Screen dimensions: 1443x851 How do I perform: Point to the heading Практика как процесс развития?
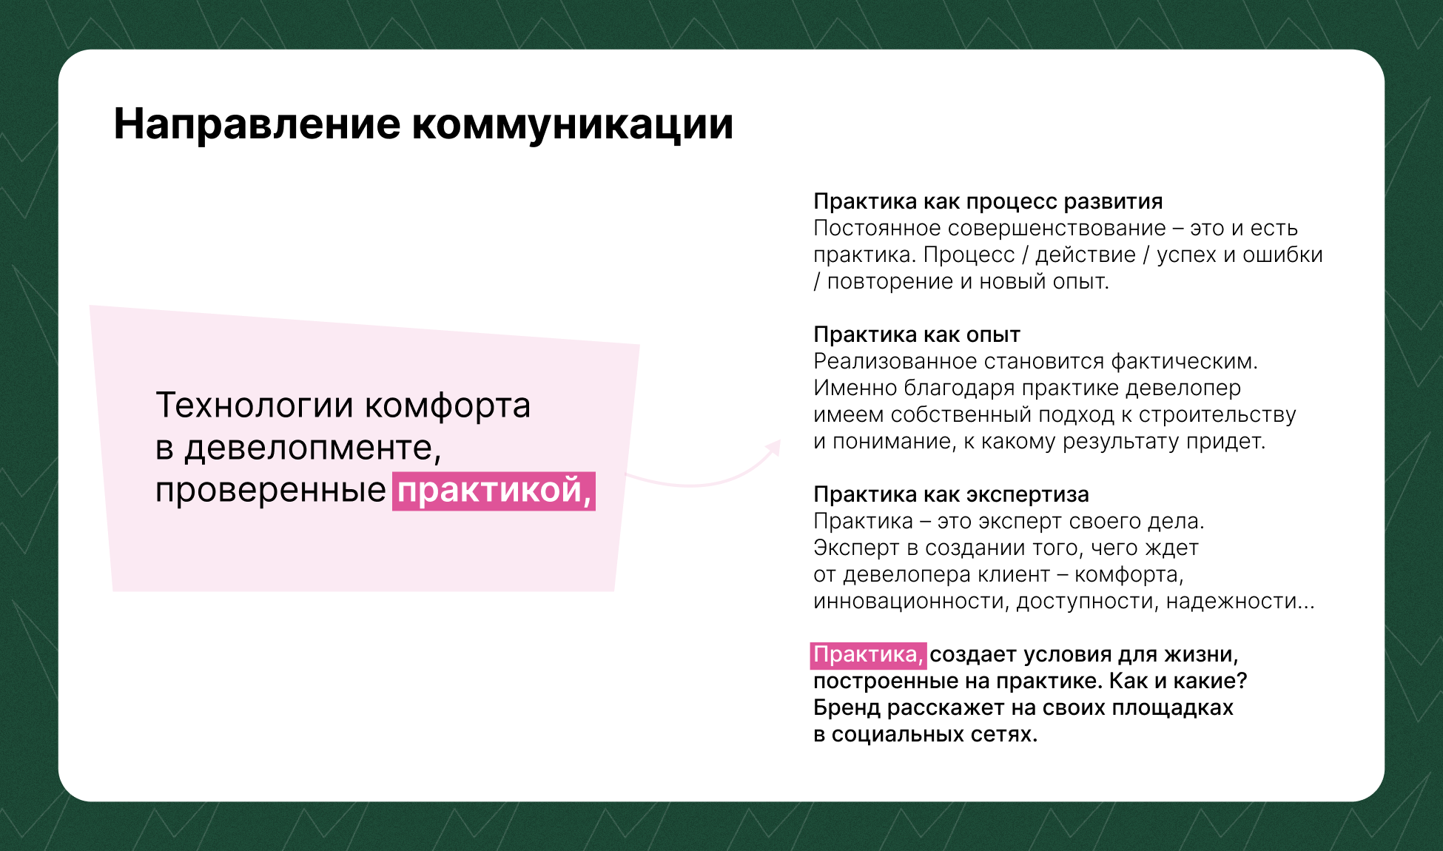[x=988, y=201]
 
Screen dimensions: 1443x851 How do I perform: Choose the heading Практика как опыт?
[x=917, y=334]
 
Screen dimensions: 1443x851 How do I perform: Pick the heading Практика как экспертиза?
[x=951, y=494]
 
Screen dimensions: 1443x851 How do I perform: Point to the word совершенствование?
[x=1057, y=229]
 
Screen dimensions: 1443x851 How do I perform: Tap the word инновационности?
[x=911, y=601]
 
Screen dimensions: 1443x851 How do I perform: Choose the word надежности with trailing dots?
[x=1240, y=601]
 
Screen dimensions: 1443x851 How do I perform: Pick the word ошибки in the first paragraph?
[x=1282, y=255]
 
